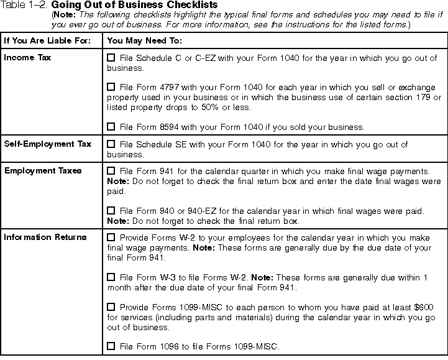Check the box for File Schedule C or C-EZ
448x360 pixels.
click(x=111, y=58)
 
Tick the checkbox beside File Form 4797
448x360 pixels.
click(x=111, y=88)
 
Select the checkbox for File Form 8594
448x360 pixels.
click(x=111, y=126)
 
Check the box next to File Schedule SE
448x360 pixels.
click(x=111, y=145)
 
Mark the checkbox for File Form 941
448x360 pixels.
click(x=111, y=170)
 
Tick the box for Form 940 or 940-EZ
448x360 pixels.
click(x=111, y=211)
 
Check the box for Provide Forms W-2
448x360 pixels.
click(x=111, y=238)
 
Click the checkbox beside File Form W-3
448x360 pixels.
click(x=111, y=277)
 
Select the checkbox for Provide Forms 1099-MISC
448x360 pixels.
click(x=111, y=307)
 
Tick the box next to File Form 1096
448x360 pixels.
click(x=111, y=346)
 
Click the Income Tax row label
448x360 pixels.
click(x=27, y=58)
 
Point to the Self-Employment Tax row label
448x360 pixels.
click(x=47, y=144)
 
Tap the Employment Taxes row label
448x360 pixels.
click(x=42, y=170)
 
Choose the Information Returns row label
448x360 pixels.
click(x=45, y=238)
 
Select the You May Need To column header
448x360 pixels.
click(x=145, y=41)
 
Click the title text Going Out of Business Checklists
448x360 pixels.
click(x=134, y=5)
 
